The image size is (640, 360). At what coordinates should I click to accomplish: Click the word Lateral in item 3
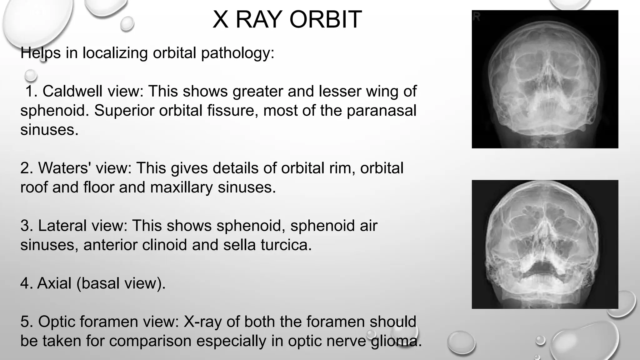coord(62,226)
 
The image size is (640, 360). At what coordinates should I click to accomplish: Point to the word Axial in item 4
coord(54,283)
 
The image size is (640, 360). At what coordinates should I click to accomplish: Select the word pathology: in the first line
coord(237,53)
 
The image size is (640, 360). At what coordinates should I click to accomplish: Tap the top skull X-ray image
coord(545,79)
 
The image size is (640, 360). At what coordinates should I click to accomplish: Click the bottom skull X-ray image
coord(545,244)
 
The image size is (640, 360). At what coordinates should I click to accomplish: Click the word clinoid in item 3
coord(164,245)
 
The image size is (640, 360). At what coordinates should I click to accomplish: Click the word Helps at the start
coord(40,53)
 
